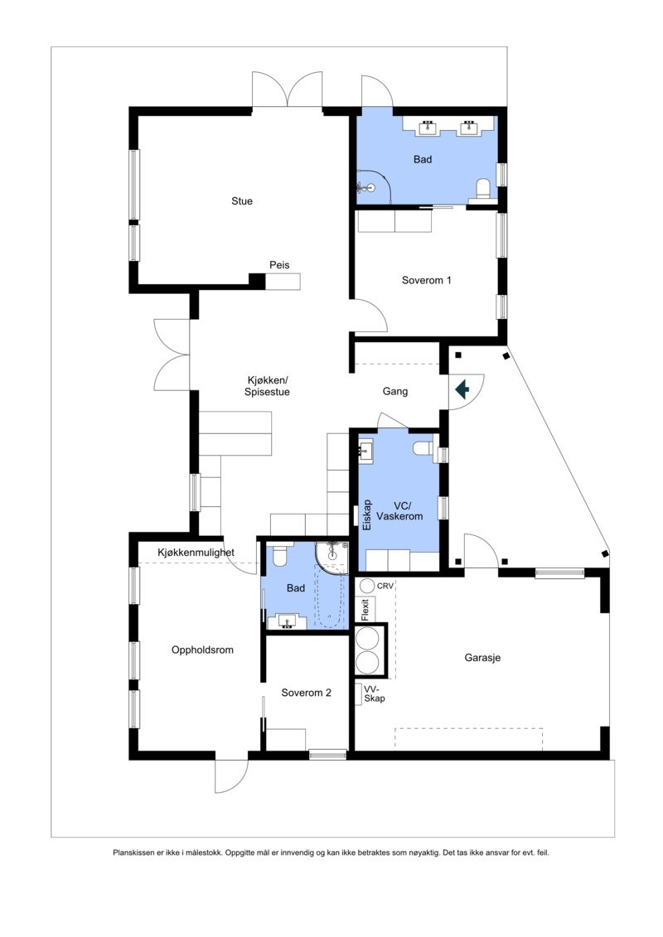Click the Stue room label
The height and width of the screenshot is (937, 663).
pos(242,201)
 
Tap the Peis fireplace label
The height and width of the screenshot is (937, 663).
pos(279,265)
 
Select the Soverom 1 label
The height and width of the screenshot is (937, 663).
pos(426,280)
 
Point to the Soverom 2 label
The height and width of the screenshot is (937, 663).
pos(306,693)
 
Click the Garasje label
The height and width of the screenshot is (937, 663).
pos(482,659)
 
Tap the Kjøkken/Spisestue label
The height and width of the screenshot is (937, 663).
pos(265,386)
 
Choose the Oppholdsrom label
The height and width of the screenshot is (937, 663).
pos(202,650)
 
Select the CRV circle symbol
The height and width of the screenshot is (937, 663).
pos(367,586)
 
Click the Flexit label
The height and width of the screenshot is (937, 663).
pos(365,609)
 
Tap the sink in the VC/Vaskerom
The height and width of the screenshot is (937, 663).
pos(367,452)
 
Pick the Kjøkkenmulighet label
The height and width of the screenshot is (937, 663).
pos(196,552)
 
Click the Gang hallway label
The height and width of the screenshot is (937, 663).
pos(395,392)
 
